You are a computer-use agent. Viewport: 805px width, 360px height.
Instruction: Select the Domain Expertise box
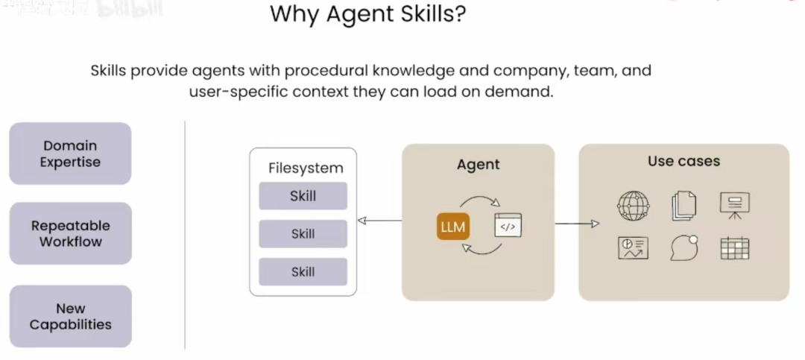pos(71,154)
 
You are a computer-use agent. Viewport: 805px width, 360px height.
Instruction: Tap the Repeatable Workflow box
pos(71,233)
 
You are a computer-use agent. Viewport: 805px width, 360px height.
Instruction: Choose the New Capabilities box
pos(71,316)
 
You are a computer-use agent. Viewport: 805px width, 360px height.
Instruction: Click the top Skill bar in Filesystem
pos(303,196)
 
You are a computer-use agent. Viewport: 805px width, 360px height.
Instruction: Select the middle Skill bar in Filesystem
pos(303,234)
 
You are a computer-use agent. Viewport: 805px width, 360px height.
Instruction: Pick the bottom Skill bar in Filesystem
pos(303,272)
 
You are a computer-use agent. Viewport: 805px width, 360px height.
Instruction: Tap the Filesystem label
pos(306,168)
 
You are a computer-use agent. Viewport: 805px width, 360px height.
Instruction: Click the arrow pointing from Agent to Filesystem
pos(379,221)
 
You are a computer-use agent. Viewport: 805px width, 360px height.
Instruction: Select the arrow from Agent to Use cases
pos(577,224)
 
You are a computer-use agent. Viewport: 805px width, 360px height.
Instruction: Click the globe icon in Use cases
pos(633,206)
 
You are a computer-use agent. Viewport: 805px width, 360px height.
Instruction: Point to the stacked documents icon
pos(683,206)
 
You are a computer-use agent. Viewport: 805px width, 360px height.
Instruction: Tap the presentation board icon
pos(734,205)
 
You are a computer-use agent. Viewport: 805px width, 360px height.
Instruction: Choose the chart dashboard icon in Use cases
pos(633,248)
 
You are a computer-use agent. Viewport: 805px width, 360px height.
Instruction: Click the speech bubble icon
pos(684,248)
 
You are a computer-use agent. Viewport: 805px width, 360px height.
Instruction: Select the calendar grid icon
pos(734,248)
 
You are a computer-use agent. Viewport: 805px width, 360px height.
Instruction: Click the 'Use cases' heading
pos(684,161)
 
